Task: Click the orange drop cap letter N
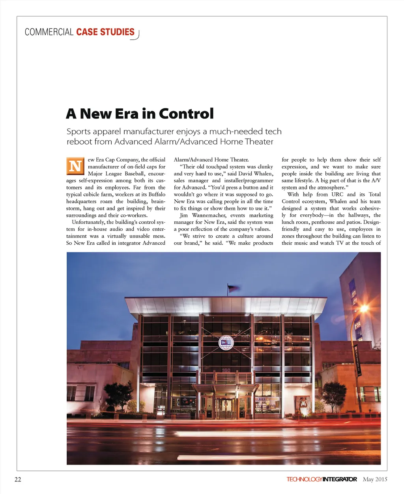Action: click(x=75, y=166)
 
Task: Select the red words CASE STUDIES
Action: click(x=105, y=32)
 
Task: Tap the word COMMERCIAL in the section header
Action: click(x=49, y=32)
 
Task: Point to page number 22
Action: click(x=18, y=479)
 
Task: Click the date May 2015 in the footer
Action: click(x=375, y=479)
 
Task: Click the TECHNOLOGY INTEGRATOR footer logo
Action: click(x=322, y=479)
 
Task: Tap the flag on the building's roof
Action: click(x=233, y=288)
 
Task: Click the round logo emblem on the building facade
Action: click(x=226, y=342)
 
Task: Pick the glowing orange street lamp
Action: click(x=364, y=309)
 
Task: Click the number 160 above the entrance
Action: click(x=226, y=370)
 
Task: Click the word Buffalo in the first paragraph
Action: click(x=157, y=195)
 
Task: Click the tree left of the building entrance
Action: click(x=118, y=394)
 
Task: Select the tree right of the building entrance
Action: click(x=333, y=392)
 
